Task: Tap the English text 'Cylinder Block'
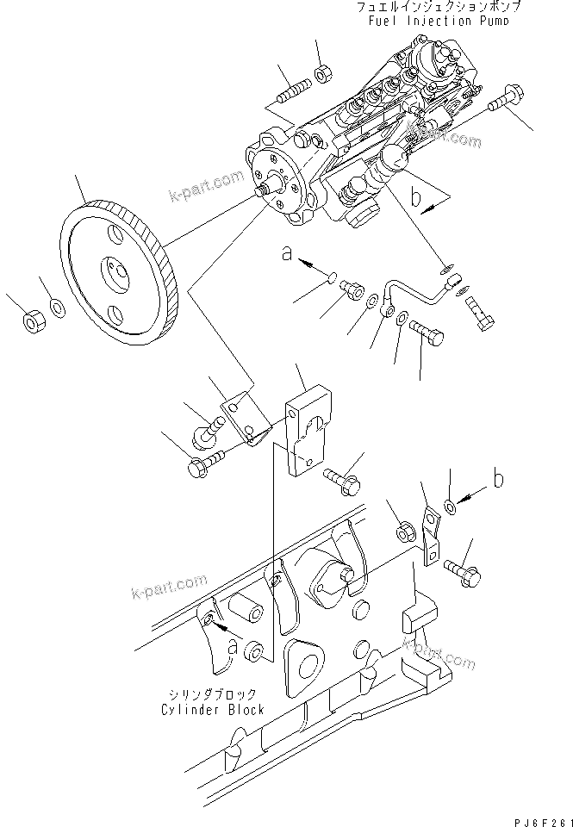212,709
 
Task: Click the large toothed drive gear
120,271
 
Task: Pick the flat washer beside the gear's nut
56,307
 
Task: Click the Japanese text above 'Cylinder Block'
211,694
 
